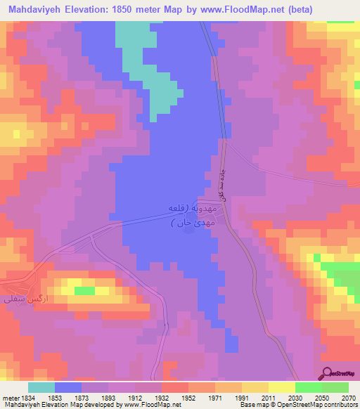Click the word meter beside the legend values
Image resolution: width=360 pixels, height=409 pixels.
pyautogui.click(x=11, y=397)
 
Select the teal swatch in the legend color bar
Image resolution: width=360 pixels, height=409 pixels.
pyautogui.click(x=41, y=387)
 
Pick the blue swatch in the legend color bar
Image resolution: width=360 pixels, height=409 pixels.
pyautogui.click(x=68, y=387)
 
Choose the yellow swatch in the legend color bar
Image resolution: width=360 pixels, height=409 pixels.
pyautogui.click(x=281, y=387)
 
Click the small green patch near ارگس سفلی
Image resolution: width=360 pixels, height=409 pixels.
pyautogui.click(x=84, y=290)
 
